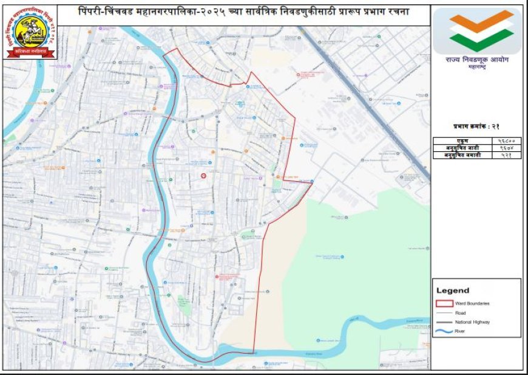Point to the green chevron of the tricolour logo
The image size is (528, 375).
click(x=476, y=41)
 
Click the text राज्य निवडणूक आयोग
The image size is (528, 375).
click(x=476, y=61)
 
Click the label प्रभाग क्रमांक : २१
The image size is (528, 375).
click(x=476, y=126)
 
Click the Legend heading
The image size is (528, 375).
click(x=453, y=291)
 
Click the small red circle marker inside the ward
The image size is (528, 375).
click(x=203, y=176)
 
